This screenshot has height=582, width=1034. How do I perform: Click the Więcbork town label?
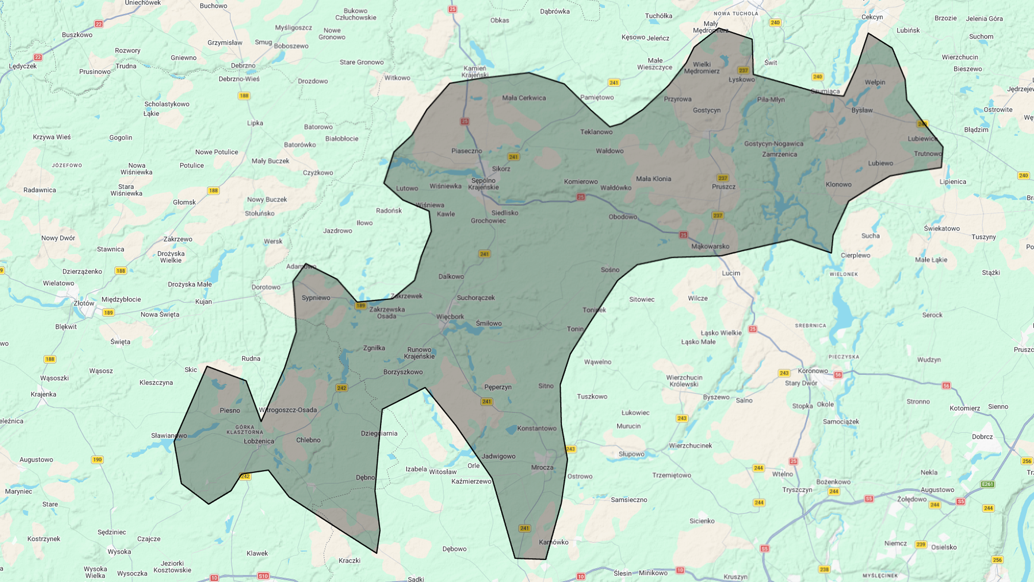point(450,316)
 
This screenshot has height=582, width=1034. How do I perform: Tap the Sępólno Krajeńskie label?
point(483,184)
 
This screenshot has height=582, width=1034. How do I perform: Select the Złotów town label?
point(84,303)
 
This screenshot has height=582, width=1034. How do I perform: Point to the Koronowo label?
point(813,371)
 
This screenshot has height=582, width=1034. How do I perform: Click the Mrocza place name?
point(542,467)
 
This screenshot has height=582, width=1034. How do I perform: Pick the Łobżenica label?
point(259,441)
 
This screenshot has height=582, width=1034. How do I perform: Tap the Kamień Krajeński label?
point(475,72)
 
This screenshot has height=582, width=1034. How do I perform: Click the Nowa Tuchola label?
point(735,13)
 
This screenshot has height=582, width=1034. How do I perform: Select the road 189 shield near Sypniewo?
point(360,306)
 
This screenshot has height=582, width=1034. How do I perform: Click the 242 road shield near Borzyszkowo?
point(341,388)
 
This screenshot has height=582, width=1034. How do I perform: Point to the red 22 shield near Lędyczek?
point(38,57)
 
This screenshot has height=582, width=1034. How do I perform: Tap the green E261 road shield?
point(987,484)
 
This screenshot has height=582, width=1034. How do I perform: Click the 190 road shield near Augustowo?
point(97,460)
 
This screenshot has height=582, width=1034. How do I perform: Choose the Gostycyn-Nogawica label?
point(773,143)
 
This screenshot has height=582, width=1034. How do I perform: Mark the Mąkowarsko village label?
point(710,246)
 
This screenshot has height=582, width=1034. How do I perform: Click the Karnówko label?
point(554,542)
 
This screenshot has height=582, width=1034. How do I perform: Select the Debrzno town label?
point(243,65)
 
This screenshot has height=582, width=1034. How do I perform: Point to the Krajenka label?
point(43,394)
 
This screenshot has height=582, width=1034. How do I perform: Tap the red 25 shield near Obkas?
point(452,9)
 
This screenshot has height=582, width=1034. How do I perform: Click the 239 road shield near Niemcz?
point(920,544)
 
